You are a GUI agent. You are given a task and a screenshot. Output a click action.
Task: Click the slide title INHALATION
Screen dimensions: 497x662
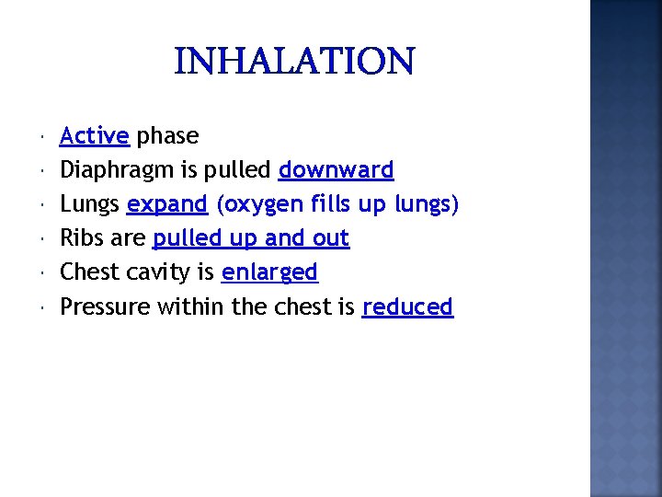(x=294, y=63)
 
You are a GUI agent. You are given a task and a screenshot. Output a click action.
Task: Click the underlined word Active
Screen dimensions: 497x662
(x=94, y=136)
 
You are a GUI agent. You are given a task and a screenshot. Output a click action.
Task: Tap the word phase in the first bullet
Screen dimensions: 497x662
(x=167, y=136)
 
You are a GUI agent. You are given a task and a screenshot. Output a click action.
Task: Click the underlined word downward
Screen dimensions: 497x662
(x=336, y=170)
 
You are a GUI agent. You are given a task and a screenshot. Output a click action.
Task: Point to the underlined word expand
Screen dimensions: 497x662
(x=167, y=205)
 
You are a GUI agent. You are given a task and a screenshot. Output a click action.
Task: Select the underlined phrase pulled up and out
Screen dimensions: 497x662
(x=251, y=239)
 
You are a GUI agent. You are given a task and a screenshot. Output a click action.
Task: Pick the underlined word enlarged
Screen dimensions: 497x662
(x=269, y=273)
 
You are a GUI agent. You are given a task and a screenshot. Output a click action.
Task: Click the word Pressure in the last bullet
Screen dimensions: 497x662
(x=105, y=306)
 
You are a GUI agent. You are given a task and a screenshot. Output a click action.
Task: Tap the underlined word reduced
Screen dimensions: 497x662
(x=407, y=306)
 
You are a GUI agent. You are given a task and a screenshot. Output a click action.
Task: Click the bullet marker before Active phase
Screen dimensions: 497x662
(x=45, y=138)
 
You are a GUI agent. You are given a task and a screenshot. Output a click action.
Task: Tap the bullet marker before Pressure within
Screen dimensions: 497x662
(x=45, y=308)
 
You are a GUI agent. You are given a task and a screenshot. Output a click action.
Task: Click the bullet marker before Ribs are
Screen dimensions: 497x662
(x=45, y=240)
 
